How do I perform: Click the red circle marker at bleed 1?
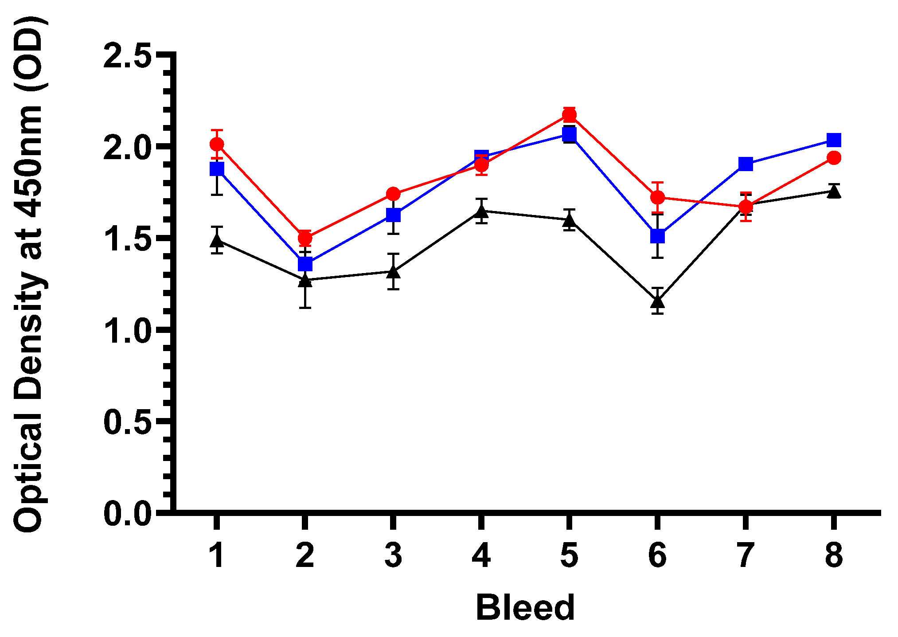(x=216, y=144)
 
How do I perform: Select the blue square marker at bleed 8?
(x=834, y=140)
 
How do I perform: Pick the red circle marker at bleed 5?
(x=570, y=115)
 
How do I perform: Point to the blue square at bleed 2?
(x=305, y=264)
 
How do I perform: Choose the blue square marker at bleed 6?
(x=658, y=236)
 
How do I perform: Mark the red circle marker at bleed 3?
(x=393, y=194)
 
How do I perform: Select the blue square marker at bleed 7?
(x=746, y=164)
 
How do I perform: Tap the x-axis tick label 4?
(x=481, y=555)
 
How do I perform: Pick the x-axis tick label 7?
(x=746, y=555)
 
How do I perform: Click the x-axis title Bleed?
(x=525, y=608)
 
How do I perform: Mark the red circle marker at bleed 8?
(x=834, y=158)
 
